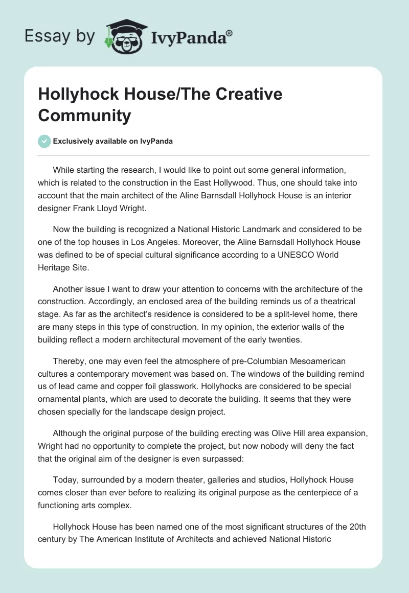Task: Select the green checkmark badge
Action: coord(44,141)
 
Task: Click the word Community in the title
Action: coord(84,116)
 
